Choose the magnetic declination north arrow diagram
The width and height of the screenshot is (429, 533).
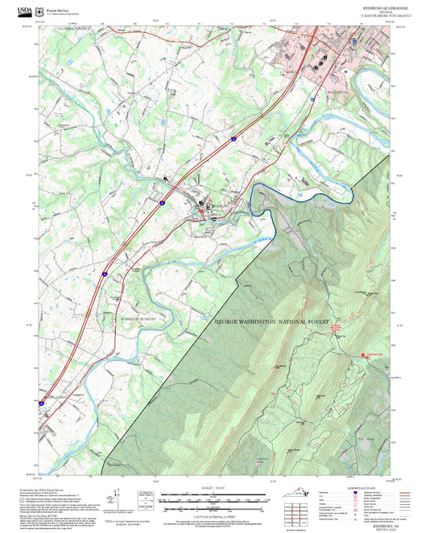118,501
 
